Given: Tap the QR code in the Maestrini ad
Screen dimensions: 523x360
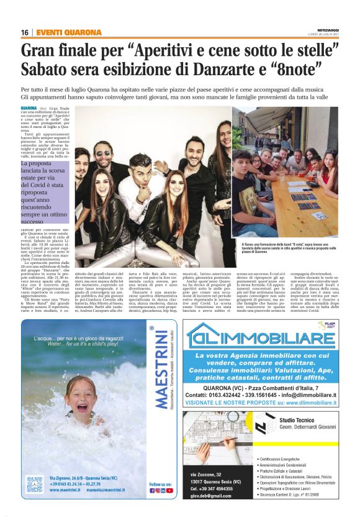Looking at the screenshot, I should [x=34, y=484].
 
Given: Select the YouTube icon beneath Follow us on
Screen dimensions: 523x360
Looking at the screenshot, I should [x=170, y=491].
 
